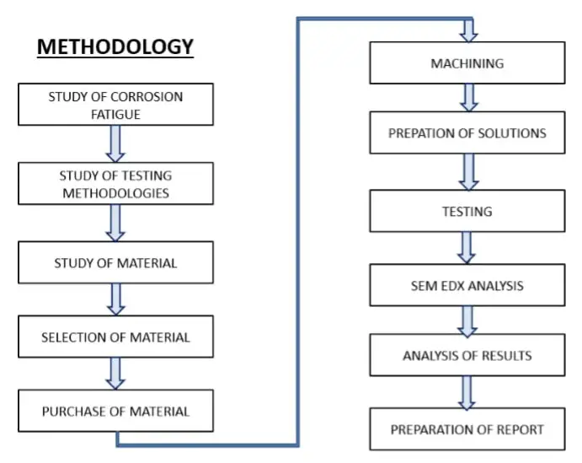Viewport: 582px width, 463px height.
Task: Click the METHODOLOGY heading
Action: (115, 46)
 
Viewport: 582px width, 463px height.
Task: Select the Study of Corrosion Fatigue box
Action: (116, 105)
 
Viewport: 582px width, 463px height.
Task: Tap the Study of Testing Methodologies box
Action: (116, 185)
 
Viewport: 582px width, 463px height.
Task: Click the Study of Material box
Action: (116, 263)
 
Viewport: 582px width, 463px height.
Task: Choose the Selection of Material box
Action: (116, 337)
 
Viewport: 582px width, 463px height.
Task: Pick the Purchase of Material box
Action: (116, 412)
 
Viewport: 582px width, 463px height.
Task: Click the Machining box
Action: (467, 63)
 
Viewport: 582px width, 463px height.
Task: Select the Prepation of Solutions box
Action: (467, 133)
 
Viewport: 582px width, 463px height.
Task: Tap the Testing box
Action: (467, 211)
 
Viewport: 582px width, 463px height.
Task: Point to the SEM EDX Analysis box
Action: (467, 285)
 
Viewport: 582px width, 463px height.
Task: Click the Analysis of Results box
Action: (467, 355)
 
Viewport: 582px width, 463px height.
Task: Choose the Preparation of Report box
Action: (467, 429)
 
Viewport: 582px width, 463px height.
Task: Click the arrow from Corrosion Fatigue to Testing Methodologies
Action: (116, 143)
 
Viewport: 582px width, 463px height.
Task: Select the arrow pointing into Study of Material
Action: (116, 223)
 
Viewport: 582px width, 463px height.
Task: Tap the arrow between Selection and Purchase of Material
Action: (116, 373)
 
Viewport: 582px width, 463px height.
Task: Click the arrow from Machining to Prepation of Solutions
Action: (469, 98)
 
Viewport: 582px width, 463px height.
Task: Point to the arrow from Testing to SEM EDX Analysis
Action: (467, 247)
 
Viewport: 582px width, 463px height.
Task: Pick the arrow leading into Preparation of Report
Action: (467, 392)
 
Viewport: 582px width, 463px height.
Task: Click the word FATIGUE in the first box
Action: (116, 113)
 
